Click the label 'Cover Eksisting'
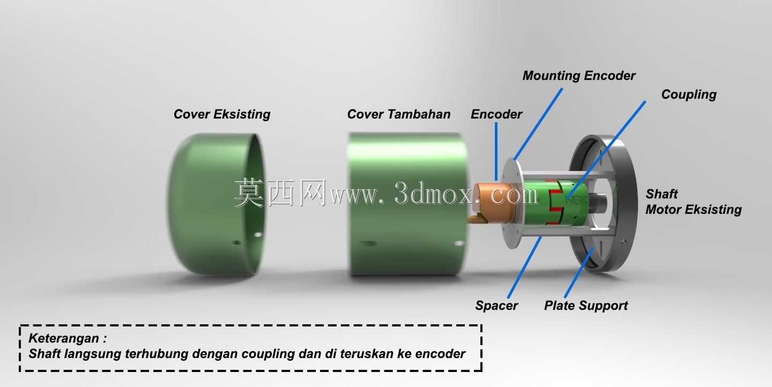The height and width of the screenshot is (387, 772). pyautogui.click(x=222, y=114)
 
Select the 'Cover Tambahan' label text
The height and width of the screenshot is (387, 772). pyautogui.click(x=399, y=114)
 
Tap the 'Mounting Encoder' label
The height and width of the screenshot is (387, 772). pyautogui.click(x=579, y=76)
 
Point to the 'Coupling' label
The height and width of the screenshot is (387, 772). pyautogui.click(x=688, y=95)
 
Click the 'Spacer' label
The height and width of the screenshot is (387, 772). pyautogui.click(x=496, y=306)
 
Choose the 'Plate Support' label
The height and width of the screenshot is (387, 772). pyautogui.click(x=586, y=306)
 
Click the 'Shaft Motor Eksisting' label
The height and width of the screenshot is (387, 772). pyautogui.click(x=693, y=202)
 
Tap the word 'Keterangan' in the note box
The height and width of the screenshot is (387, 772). pyautogui.click(x=64, y=338)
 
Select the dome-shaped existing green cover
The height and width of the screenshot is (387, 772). pyautogui.click(x=217, y=204)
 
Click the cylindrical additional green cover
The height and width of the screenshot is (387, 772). pyautogui.click(x=409, y=204)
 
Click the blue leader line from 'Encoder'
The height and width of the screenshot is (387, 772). pyautogui.click(x=496, y=152)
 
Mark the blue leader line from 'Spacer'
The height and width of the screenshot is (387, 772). pyautogui.click(x=524, y=267)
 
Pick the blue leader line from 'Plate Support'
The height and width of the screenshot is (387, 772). pyautogui.click(x=579, y=273)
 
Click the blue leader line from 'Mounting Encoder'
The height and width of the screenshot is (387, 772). pyautogui.click(x=538, y=124)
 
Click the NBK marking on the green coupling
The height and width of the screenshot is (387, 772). pyautogui.click(x=577, y=200)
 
